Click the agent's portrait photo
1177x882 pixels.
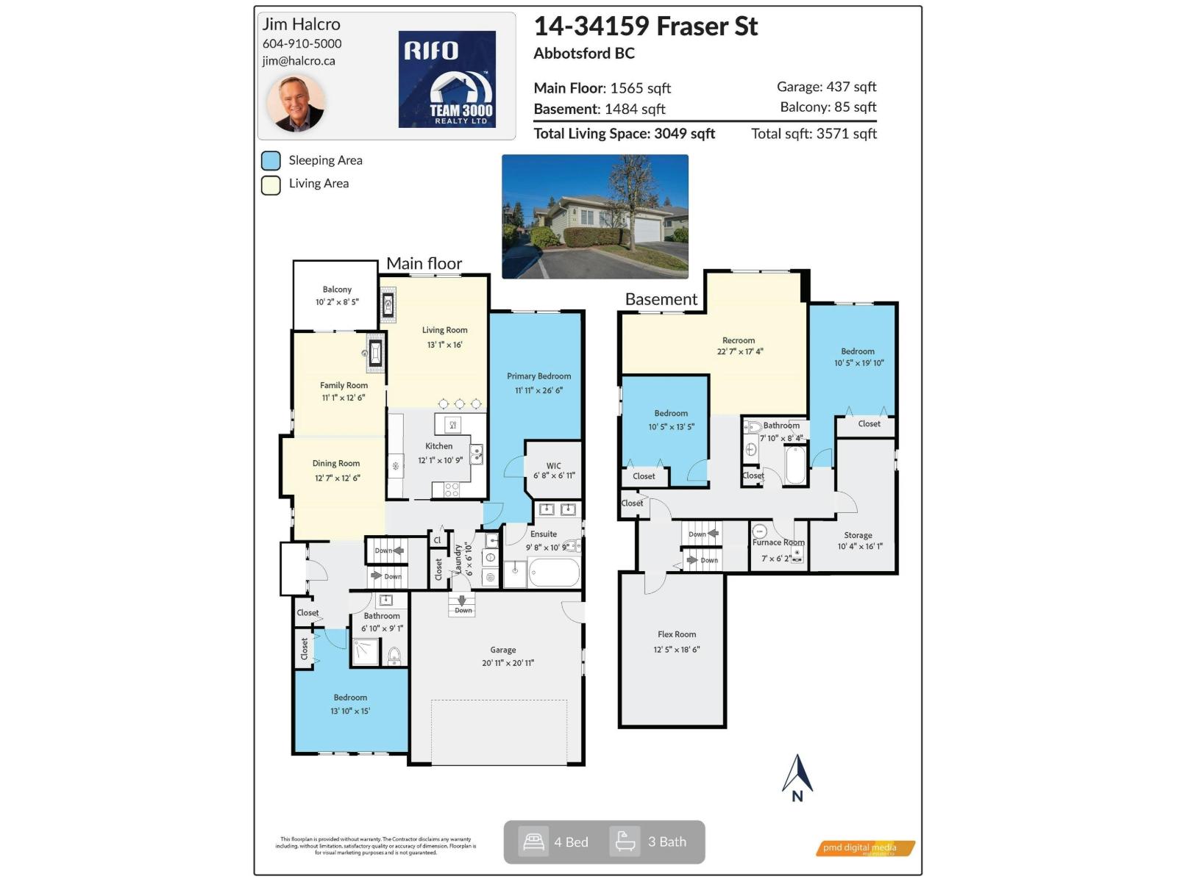tap(296, 102)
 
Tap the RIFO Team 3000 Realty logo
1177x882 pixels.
tap(447, 79)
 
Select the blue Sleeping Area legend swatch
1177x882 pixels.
tap(271, 161)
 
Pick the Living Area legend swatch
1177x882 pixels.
tap(271, 184)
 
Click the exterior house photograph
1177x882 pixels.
tap(594, 216)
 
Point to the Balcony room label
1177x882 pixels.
tap(337, 290)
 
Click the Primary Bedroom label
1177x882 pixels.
tap(538, 376)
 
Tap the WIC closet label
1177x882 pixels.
tap(553, 466)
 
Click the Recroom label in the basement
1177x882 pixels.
tap(739, 340)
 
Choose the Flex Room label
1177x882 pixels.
tap(676, 634)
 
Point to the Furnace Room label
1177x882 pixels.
tap(778, 542)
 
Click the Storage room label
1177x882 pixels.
tap(858, 535)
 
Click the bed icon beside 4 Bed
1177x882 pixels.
tap(533, 842)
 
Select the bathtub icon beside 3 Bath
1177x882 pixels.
tap(625, 842)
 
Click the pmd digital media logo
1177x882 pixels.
tap(865, 848)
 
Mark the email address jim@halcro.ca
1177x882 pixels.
tap(299, 61)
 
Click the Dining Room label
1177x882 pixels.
tap(336, 464)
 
